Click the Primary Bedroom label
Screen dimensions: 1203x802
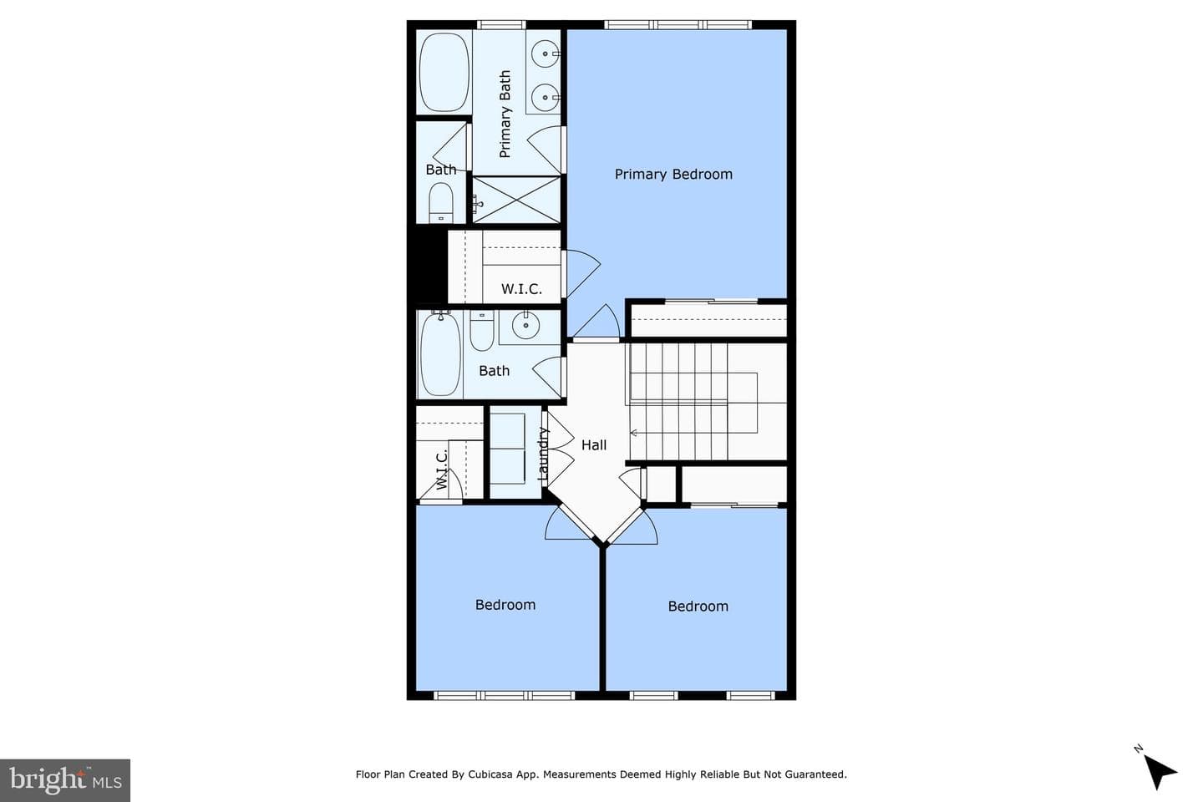[673, 174]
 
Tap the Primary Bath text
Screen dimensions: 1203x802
[505, 114]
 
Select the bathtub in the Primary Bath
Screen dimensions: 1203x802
[444, 73]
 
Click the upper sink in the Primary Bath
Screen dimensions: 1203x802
[545, 53]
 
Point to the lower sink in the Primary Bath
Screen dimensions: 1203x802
[545, 97]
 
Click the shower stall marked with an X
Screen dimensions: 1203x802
[516, 200]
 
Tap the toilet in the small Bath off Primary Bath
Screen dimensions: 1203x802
[441, 202]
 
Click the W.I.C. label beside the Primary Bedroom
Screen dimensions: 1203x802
[521, 289]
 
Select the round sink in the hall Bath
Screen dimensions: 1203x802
[525, 325]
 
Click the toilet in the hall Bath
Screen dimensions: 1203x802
[482, 330]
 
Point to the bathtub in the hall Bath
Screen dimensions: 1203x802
[440, 354]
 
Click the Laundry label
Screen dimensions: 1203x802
[543, 454]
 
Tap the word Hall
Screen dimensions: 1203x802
[594, 444]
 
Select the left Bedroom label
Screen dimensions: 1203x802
[505, 605]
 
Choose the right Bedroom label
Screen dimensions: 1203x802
[698, 607]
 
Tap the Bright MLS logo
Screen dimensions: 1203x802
[65, 780]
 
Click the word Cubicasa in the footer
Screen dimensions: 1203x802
[490, 774]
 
